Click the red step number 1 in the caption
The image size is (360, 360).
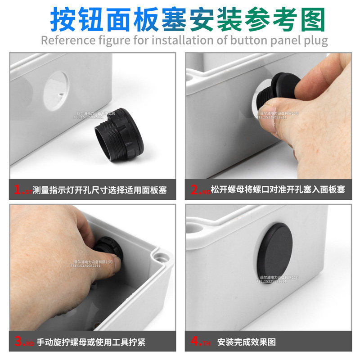(x=18, y=189)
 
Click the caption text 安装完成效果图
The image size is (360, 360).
(x=246, y=342)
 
